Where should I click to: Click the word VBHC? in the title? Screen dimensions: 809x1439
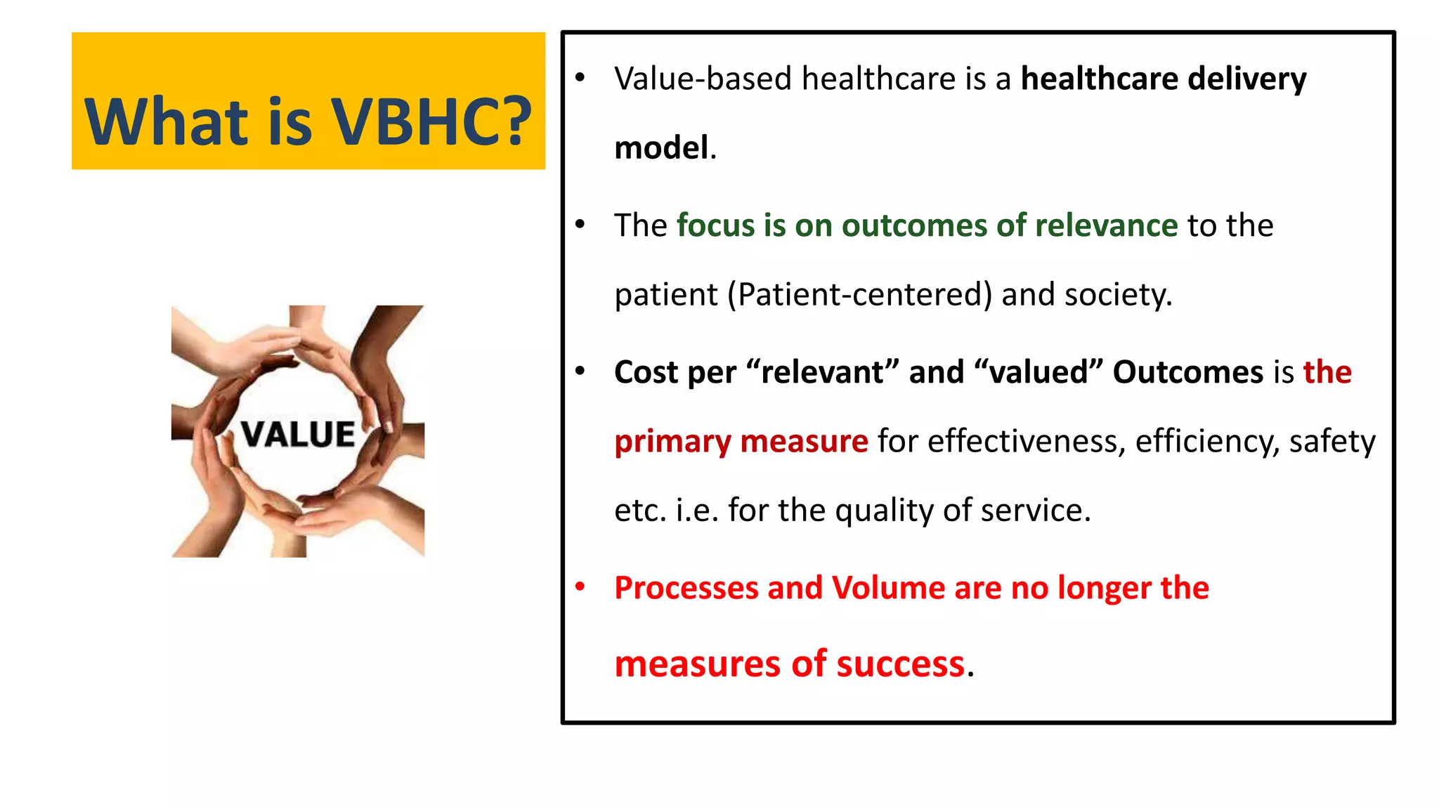[431, 122]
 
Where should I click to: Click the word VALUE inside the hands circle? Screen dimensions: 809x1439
[298, 435]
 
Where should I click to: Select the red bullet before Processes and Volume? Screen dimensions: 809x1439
[580, 586]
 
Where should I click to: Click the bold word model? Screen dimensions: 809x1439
[661, 148]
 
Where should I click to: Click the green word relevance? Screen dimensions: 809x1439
[1106, 225]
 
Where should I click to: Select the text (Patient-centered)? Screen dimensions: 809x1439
[859, 295]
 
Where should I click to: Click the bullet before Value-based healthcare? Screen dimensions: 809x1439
[580, 77]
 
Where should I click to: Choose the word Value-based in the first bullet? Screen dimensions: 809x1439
[703, 79]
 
